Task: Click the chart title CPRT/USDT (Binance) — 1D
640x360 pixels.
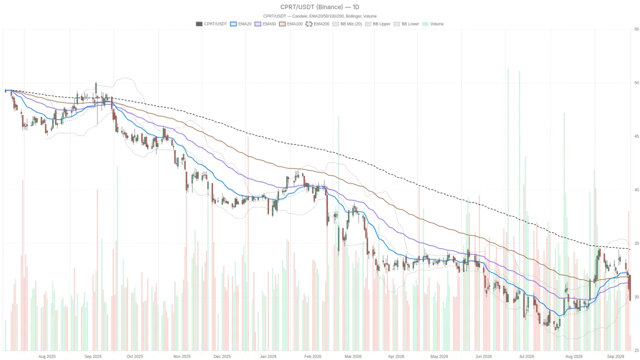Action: tap(319, 7)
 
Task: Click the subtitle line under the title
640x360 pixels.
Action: tap(319, 17)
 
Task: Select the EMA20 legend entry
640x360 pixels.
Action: tap(241, 24)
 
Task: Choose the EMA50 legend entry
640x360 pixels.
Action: tap(265, 24)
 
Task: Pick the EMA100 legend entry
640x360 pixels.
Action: tap(291, 24)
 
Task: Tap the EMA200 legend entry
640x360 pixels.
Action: tap(317, 24)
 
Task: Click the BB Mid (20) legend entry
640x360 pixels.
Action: tap(347, 24)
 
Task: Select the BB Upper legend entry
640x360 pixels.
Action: tap(378, 24)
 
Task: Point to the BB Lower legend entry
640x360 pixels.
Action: tap(406, 24)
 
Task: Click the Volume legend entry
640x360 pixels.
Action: tap(433, 24)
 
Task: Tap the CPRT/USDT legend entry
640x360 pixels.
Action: tap(211, 24)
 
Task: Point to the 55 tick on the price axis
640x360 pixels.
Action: tap(637, 29)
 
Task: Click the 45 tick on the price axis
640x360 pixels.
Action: tap(637, 137)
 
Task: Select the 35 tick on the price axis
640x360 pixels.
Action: tap(637, 243)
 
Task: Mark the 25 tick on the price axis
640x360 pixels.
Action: tap(637, 350)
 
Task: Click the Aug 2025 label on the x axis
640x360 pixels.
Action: tap(47, 357)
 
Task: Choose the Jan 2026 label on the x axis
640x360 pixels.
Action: tap(268, 357)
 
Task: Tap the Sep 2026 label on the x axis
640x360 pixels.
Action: tap(615, 357)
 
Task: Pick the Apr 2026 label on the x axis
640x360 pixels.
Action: tap(396, 357)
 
